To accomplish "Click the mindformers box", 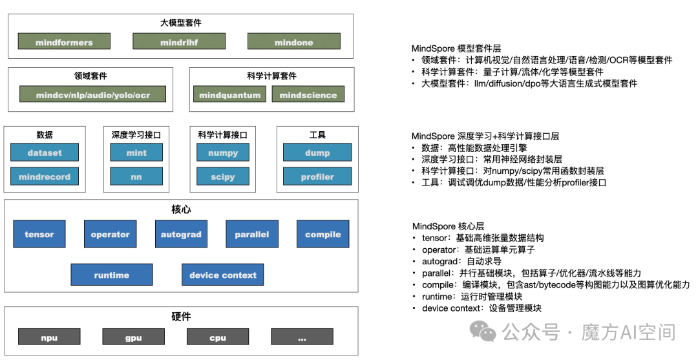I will point(64,42).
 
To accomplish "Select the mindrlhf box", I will point(173,42).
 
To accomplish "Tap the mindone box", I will point(293,42).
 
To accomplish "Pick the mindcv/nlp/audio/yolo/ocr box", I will point(92,94).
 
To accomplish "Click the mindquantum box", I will point(229,94).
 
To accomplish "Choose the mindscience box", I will point(308,94).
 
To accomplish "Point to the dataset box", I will point(45,153).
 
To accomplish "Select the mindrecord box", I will point(45,176).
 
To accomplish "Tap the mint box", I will point(136,153).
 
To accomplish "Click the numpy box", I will point(222,153).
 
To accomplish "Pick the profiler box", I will point(317,176).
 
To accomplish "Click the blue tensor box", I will point(39,234).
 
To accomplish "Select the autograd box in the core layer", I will point(181,234).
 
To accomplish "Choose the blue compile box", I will point(323,234).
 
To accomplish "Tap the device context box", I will point(223,275).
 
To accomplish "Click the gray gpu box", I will point(133,337).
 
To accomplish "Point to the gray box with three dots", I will point(302,337).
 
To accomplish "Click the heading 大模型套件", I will point(181,23).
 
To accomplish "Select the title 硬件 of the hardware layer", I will point(181,317).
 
